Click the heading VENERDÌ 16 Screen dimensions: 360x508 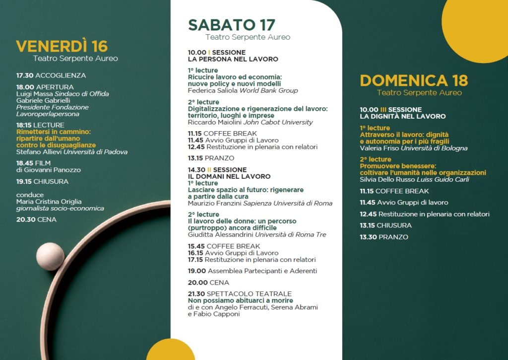pyautogui.click(x=62, y=46)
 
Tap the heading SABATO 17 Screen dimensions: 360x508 pyautogui.click(x=231, y=25)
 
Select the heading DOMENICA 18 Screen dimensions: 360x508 pyautogui.click(x=414, y=80)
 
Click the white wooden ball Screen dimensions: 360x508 pyautogui.click(x=50, y=256)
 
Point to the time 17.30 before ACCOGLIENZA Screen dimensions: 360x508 pyautogui.click(x=25, y=75)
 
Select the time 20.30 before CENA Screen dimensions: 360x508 pyautogui.click(x=25, y=219)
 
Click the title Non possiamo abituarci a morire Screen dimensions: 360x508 pyautogui.click(x=240, y=300)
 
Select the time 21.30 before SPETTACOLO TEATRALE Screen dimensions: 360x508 pyautogui.click(x=196, y=293)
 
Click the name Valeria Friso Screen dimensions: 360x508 pyautogui.click(x=379, y=148)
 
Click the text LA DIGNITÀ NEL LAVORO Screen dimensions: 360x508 pyautogui.click(x=402, y=116)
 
